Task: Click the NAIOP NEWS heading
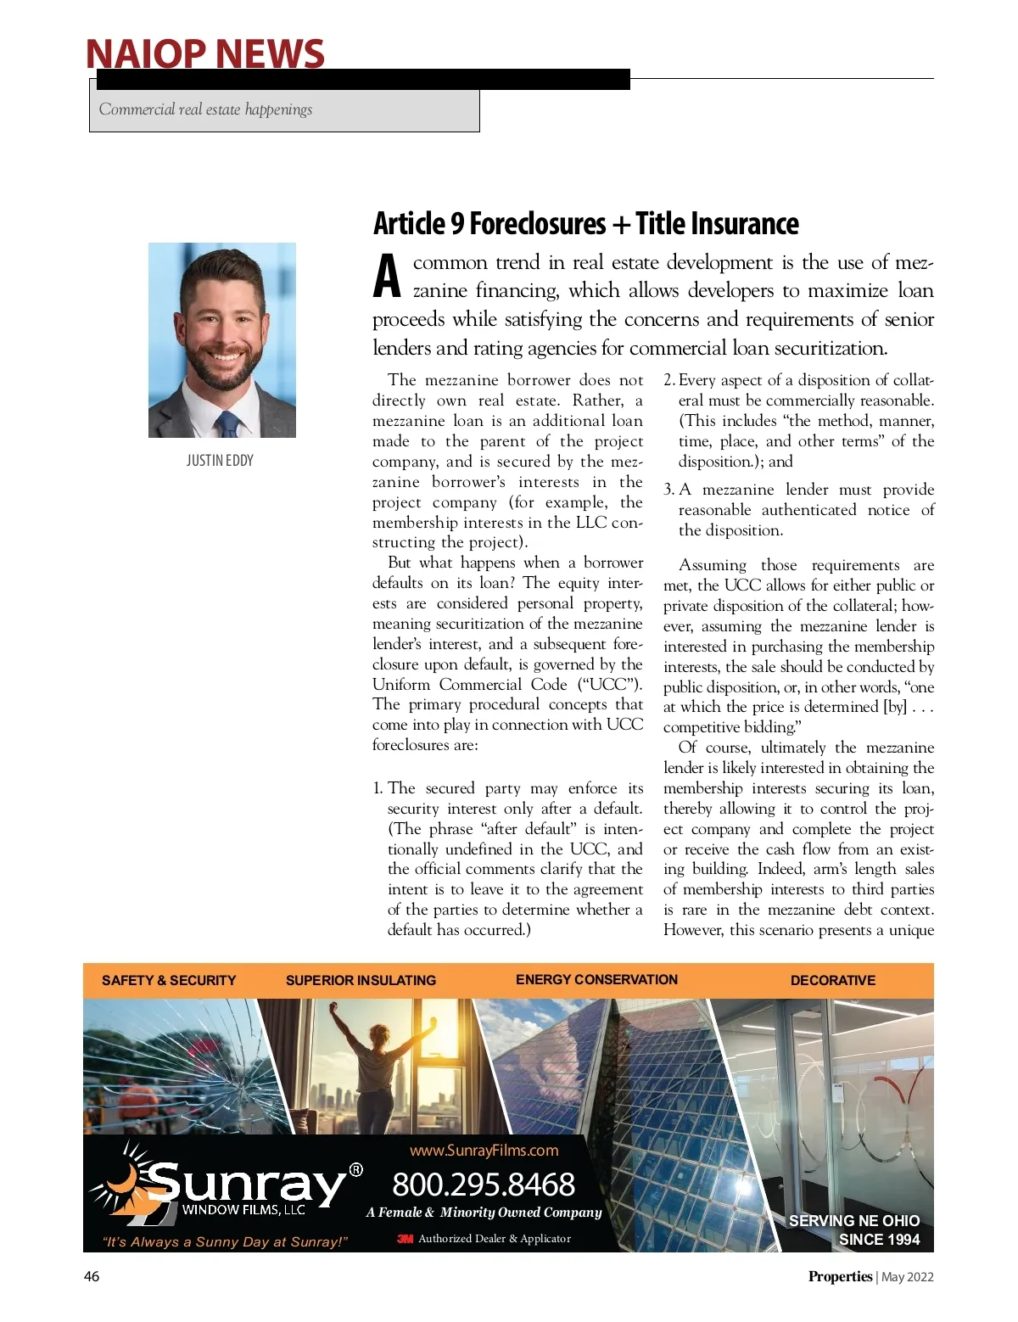(204, 53)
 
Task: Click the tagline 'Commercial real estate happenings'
(205, 109)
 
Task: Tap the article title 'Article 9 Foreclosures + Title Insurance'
(585, 224)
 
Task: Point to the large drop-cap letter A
(387, 277)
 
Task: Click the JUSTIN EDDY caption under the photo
(220, 461)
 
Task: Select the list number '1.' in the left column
(378, 788)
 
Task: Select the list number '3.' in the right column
(669, 490)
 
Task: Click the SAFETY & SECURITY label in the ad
(169, 981)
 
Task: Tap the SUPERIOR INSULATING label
(361, 981)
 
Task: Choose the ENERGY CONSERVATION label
(596, 979)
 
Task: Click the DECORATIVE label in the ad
(832, 981)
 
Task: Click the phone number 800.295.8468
(484, 1185)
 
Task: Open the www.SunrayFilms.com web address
(484, 1151)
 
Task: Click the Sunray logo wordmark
(246, 1182)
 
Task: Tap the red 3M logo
(405, 1239)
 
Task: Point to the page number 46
(92, 1276)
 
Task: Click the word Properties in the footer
(840, 1276)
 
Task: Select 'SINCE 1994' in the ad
(879, 1240)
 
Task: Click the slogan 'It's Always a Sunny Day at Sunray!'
(225, 1242)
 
